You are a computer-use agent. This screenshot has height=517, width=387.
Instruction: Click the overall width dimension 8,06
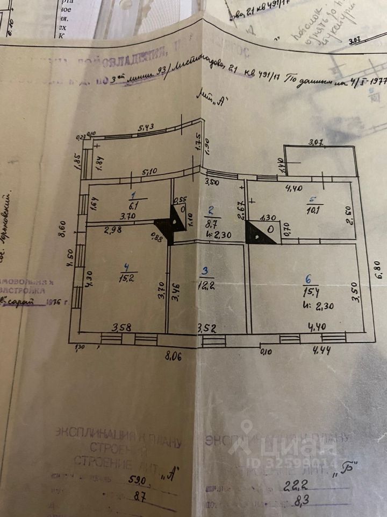pos(173,355)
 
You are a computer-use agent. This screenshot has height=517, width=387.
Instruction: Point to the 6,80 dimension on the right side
pos(379,269)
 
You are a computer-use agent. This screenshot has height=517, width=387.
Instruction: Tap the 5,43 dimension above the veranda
pos(146,128)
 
